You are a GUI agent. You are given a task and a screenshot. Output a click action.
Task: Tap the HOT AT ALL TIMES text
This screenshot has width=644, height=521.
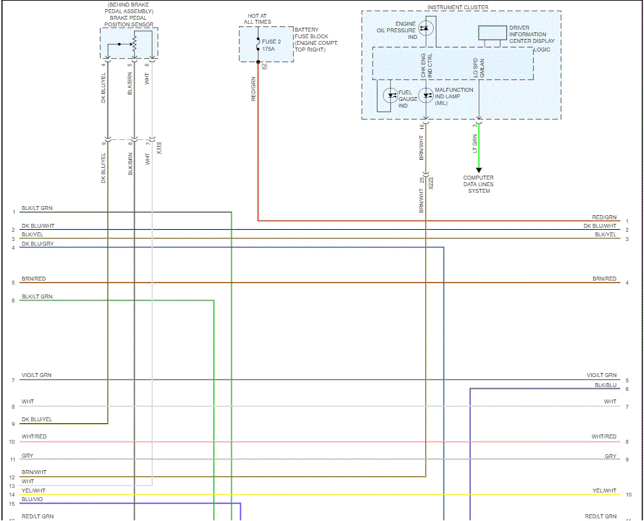click(x=257, y=18)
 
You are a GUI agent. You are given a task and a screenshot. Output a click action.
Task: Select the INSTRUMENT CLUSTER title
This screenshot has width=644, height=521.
click(x=458, y=7)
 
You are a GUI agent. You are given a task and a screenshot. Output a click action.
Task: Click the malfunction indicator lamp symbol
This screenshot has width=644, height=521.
click(x=426, y=96)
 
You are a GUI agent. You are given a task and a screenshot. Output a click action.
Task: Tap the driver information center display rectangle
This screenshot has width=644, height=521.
click(x=491, y=33)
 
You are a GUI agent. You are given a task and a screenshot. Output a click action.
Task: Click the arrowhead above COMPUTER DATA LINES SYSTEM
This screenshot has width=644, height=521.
click(x=479, y=170)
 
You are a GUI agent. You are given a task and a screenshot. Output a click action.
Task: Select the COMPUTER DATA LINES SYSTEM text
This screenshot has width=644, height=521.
click(x=479, y=184)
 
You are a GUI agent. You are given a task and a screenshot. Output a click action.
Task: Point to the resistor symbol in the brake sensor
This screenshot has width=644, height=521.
click(x=134, y=44)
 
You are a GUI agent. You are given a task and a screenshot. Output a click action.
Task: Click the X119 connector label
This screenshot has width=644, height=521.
click(x=159, y=149)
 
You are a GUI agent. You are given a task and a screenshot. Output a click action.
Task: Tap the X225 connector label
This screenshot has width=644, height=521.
click(x=430, y=183)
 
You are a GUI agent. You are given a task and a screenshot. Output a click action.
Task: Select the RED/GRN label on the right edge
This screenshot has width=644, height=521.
click(x=604, y=217)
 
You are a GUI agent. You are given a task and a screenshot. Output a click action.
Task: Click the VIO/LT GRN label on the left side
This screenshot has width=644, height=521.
click(x=36, y=375)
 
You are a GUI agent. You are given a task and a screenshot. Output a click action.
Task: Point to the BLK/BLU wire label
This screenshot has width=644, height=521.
click(x=605, y=384)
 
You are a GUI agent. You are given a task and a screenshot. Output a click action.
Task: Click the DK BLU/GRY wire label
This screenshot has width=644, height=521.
click(x=38, y=244)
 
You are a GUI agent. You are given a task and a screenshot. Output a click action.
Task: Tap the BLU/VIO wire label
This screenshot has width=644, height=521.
click(x=33, y=500)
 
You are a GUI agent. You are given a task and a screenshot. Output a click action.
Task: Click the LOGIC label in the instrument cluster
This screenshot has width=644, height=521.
click(x=542, y=50)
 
